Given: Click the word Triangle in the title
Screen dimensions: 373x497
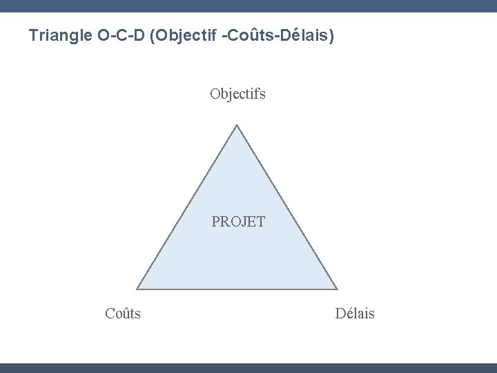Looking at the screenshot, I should pyautogui.click(x=57, y=35).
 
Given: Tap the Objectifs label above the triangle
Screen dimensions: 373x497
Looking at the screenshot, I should pyautogui.click(x=238, y=93).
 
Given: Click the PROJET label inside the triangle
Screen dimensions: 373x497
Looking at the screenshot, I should pyautogui.click(x=238, y=222).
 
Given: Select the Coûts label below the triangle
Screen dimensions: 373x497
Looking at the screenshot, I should pyautogui.click(x=123, y=314).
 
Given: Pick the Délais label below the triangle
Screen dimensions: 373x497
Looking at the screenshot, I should pyautogui.click(x=355, y=314).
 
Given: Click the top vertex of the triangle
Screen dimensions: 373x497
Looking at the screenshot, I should pyautogui.click(x=237, y=126).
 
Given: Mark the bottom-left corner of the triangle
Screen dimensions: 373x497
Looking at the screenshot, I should pyautogui.click(x=137, y=288).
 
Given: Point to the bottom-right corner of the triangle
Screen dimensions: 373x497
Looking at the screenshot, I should pyautogui.click(x=337, y=288).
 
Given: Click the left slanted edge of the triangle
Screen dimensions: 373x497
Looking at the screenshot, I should pyautogui.click(x=187, y=207).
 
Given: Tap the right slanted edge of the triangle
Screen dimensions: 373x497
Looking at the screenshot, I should pyautogui.click(x=287, y=207).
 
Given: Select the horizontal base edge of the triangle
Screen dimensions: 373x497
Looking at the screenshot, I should pyautogui.click(x=237, y=288).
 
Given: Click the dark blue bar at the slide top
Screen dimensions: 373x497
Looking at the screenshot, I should pyautogui.click(x=248, y=6).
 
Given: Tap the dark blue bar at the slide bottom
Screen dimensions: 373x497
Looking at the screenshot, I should pyautogui.click(x=248, y=367).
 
